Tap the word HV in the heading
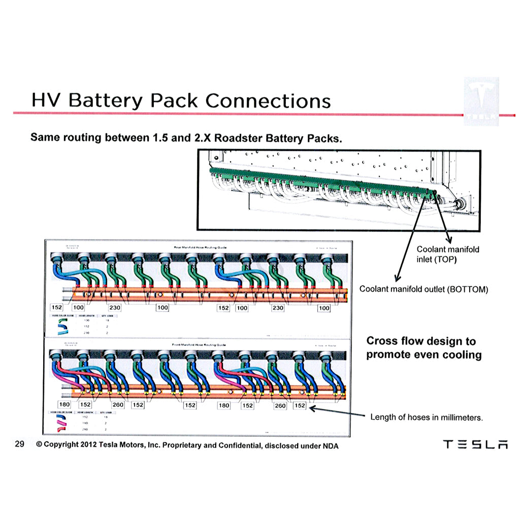(x=46, y=100)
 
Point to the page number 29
(x=20, y=445)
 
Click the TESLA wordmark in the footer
(x=475, y=444)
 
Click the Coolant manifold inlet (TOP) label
(x=447, y=254)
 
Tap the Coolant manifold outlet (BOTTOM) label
(x=424, y=289)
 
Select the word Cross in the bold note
(x=382, y=341)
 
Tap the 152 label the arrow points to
(x=300, y=406)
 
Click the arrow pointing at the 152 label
(x=337, y=411)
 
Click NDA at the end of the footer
(x=331, y=445)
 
